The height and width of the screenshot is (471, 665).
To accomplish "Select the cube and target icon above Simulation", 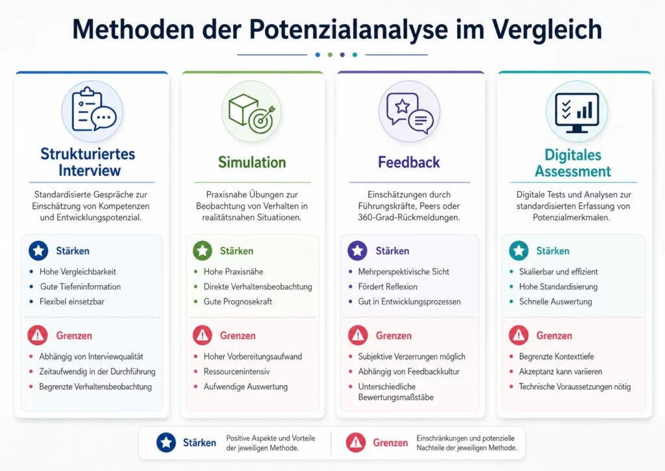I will (253, 111).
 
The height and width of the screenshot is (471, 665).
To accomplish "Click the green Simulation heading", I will (252, 162).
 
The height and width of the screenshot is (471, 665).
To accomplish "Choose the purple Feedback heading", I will (409, 162).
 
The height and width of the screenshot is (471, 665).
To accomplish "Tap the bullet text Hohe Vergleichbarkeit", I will (78, 272).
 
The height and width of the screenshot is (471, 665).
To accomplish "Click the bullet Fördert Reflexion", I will (388, 286).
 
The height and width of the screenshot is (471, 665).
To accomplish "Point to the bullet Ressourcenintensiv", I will (236, 372).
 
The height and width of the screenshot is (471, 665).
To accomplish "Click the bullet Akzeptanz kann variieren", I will (560, 372).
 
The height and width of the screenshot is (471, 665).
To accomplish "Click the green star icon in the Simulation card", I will (203, 251).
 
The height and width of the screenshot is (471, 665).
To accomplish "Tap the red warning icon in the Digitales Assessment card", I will (518, 335).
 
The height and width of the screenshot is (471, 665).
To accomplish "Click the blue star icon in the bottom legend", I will (166, 442).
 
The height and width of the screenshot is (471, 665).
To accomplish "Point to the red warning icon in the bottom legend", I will (356, 442).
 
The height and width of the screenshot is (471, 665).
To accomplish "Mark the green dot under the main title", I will (330, 55).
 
